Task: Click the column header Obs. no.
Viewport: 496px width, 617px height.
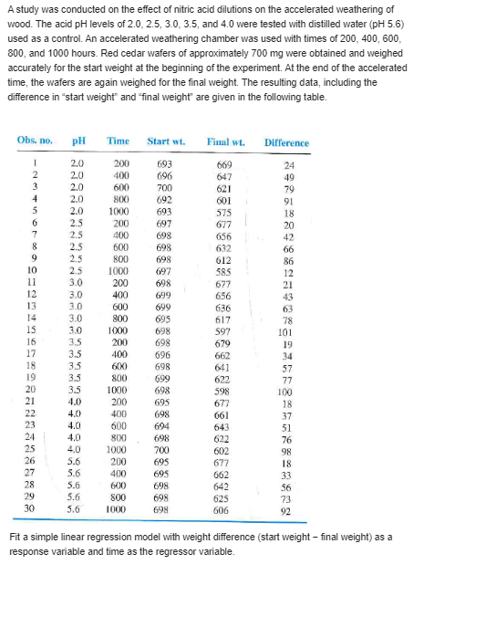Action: [35, 141]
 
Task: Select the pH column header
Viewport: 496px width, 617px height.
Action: [79, 141]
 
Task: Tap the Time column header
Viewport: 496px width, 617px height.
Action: [119, 141]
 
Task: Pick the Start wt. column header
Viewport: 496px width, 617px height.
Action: [166, 141]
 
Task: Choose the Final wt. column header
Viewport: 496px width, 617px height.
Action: [222, 141]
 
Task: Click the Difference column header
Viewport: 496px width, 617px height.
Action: [286, 142]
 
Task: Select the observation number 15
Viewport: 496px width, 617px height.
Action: [32, 329]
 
